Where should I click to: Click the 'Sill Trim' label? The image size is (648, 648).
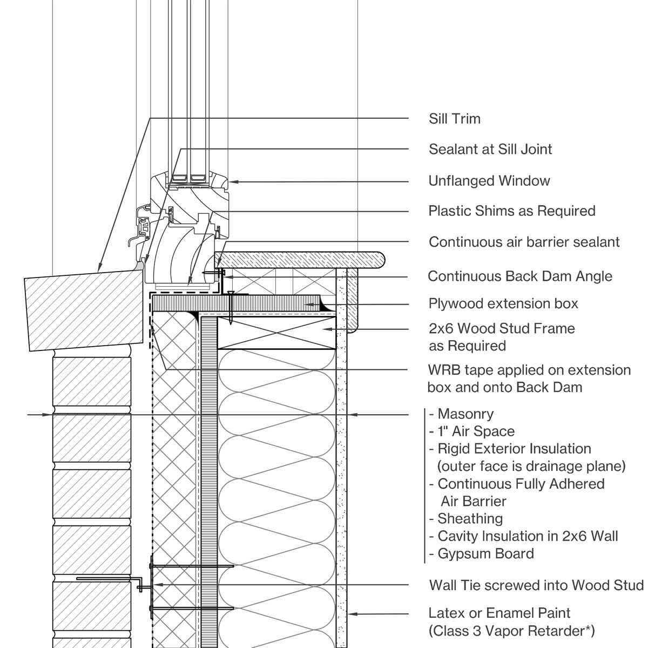[x=454, y=119]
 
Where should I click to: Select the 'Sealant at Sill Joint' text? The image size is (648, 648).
[x=490, y=149]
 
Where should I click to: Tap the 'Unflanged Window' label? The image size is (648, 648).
[x=489, y=181]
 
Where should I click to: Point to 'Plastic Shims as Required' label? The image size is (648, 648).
[x=512, y=211]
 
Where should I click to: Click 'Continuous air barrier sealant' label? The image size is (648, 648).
[x=524, y=242]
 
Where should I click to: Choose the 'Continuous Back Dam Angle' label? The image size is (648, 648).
[x=520, y=276]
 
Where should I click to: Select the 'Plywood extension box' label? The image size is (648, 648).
[x=503, y=303]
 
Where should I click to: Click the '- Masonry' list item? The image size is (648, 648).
[x=461, y=414]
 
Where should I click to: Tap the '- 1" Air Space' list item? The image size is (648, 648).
[x=471, y=431]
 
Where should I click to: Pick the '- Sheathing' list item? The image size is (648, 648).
[x=466, y=519]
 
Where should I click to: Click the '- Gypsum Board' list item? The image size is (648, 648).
[x=481, y=553]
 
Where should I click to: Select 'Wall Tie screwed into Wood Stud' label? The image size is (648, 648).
[x=536, y=585]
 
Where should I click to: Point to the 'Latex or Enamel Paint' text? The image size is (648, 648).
[x=499, y=613]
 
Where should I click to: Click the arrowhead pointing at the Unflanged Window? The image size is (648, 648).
[x=232, y=182]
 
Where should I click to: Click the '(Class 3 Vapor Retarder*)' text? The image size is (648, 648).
[x=511, y=630]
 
